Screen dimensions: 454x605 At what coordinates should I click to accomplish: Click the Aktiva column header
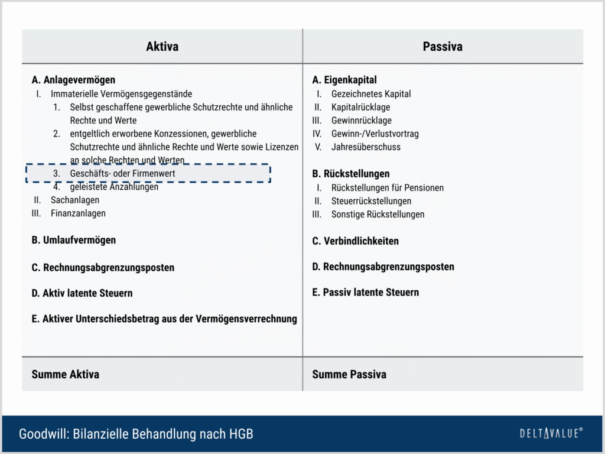point(162,47)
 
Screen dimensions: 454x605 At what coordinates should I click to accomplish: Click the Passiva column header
point(443,47)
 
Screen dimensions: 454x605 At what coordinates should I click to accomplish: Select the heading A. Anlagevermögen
point(73,80)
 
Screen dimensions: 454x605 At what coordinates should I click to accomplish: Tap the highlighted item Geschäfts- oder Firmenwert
point(122,174)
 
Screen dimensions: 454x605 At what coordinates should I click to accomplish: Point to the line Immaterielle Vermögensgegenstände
point(121,94)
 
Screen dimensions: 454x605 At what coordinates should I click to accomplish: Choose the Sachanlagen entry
point(74,200)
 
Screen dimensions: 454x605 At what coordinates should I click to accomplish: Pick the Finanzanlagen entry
point(78,213)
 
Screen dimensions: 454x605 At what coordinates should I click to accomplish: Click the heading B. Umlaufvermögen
point(73,240)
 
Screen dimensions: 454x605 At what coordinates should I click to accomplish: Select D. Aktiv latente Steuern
point(82,293)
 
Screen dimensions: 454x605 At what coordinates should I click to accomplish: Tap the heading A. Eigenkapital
point(344,80)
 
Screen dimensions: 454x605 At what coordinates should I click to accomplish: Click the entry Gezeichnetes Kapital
point(371,94)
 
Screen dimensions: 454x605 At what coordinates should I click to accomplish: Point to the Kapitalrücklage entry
point(360,107)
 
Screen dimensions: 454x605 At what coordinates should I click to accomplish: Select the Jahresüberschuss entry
point(366,147)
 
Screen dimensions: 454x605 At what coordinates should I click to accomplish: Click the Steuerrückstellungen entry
point(371,201)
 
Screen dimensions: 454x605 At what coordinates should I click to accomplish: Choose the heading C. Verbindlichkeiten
point(355,241)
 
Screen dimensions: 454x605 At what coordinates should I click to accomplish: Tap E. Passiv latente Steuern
point(365,293)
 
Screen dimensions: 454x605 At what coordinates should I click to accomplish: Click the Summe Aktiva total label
point(65,374)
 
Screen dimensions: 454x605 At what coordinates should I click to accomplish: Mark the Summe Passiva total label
point(349,374)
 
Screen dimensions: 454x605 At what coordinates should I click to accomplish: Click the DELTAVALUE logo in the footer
point(551,433)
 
